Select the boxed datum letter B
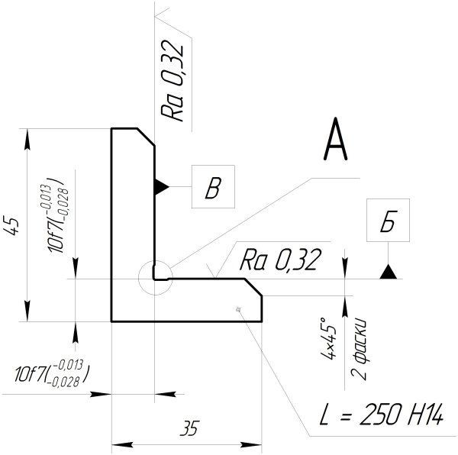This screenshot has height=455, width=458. (x=213, y=188)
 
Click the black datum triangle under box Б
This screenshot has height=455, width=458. (x=389, y=271)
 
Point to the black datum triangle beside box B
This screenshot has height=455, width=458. (x=161, y=186)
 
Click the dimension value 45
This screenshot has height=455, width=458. (x=11, y=226)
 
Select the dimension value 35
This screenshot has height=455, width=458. (x=188, y=429)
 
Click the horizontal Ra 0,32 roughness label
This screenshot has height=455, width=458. (x=279, y=260)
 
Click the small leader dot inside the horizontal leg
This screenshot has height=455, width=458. (x=239, y=308)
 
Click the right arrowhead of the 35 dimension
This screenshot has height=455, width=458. (x=257, y=443)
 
